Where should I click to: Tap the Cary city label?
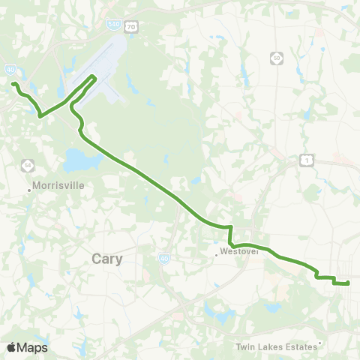(107, 258)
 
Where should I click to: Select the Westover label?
(241, 252)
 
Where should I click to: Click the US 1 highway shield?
(305, 159)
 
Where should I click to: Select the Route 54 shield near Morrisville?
(27, 163)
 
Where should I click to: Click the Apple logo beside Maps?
(11, 347)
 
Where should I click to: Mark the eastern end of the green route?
(349, 283)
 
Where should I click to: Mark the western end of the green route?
(13, 82)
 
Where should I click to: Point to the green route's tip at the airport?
(94, 76)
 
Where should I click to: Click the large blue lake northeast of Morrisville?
(79, 160)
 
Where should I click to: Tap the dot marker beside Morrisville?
(29, 190)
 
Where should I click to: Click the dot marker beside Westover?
(217, 254)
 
